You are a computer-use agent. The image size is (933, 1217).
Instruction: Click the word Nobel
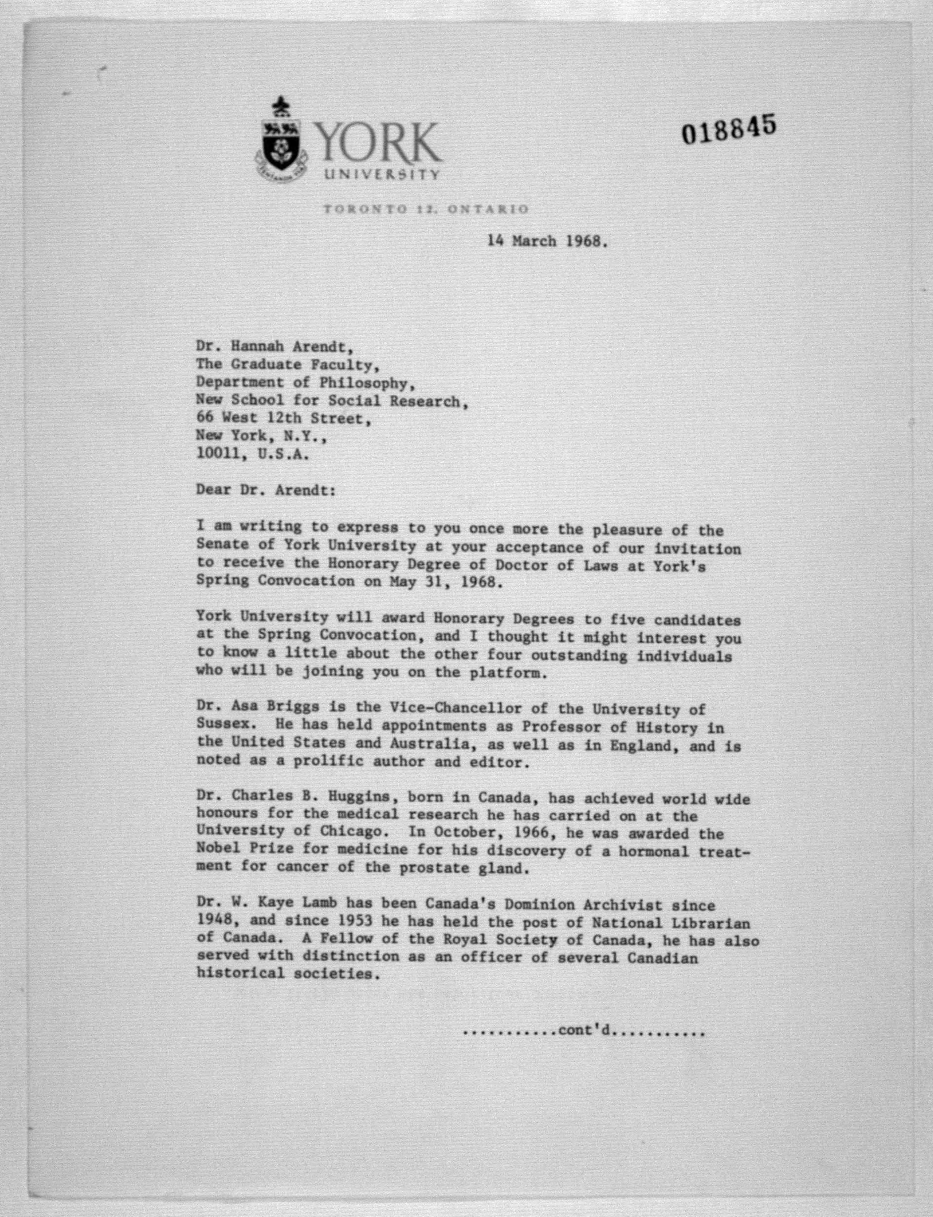coord(218,850)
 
